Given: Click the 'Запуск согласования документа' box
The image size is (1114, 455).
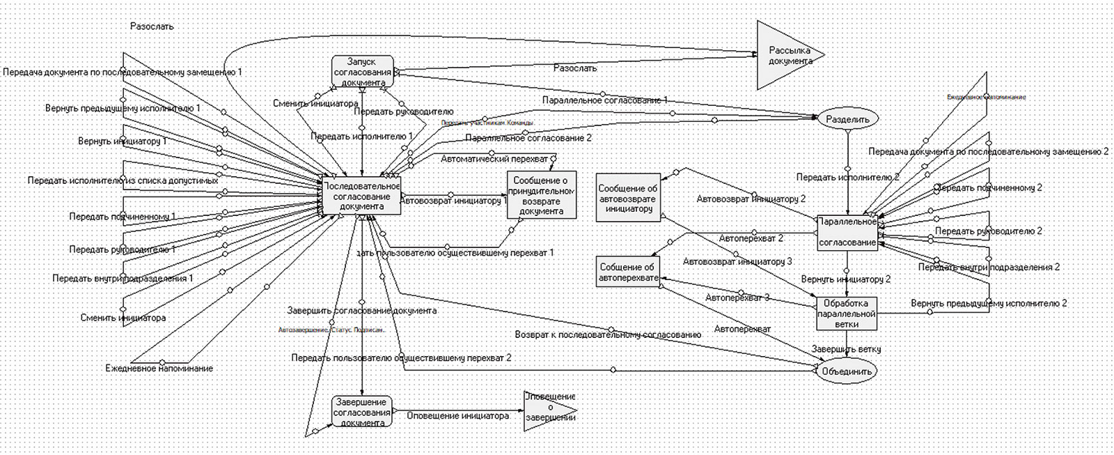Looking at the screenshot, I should [362, 72].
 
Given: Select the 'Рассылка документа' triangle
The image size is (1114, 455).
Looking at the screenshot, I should [783, 55].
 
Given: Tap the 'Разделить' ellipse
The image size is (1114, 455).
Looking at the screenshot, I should [847, 119].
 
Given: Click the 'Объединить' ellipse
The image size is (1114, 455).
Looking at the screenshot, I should [846, 371].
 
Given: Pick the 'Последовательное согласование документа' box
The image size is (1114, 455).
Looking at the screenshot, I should [362, 196].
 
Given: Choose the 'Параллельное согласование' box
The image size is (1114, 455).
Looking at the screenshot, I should [847, 232].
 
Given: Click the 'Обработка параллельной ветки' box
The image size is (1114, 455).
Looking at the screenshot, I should [846, 314].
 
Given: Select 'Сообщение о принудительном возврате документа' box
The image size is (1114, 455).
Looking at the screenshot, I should [541, 196].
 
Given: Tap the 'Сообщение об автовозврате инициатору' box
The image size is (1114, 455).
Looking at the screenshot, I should [627, 198].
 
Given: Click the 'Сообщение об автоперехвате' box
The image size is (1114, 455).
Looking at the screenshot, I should [628, 272].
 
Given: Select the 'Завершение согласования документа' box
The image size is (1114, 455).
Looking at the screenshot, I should [362, 412].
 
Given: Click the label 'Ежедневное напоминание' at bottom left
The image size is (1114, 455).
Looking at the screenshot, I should [159, 368].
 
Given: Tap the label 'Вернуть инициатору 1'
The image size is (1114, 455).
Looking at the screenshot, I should [123, 141].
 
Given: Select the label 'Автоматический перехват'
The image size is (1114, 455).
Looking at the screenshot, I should [494, 159].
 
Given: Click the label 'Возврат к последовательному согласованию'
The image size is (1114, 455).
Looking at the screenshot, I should [608, 334].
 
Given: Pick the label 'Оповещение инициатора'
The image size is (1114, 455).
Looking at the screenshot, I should [457, 415].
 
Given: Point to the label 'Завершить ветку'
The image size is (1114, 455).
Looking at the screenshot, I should [846, 349].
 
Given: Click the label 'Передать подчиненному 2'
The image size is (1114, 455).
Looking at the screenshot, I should [990, 187].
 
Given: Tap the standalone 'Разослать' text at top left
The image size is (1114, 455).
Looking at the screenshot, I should [152, 26].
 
